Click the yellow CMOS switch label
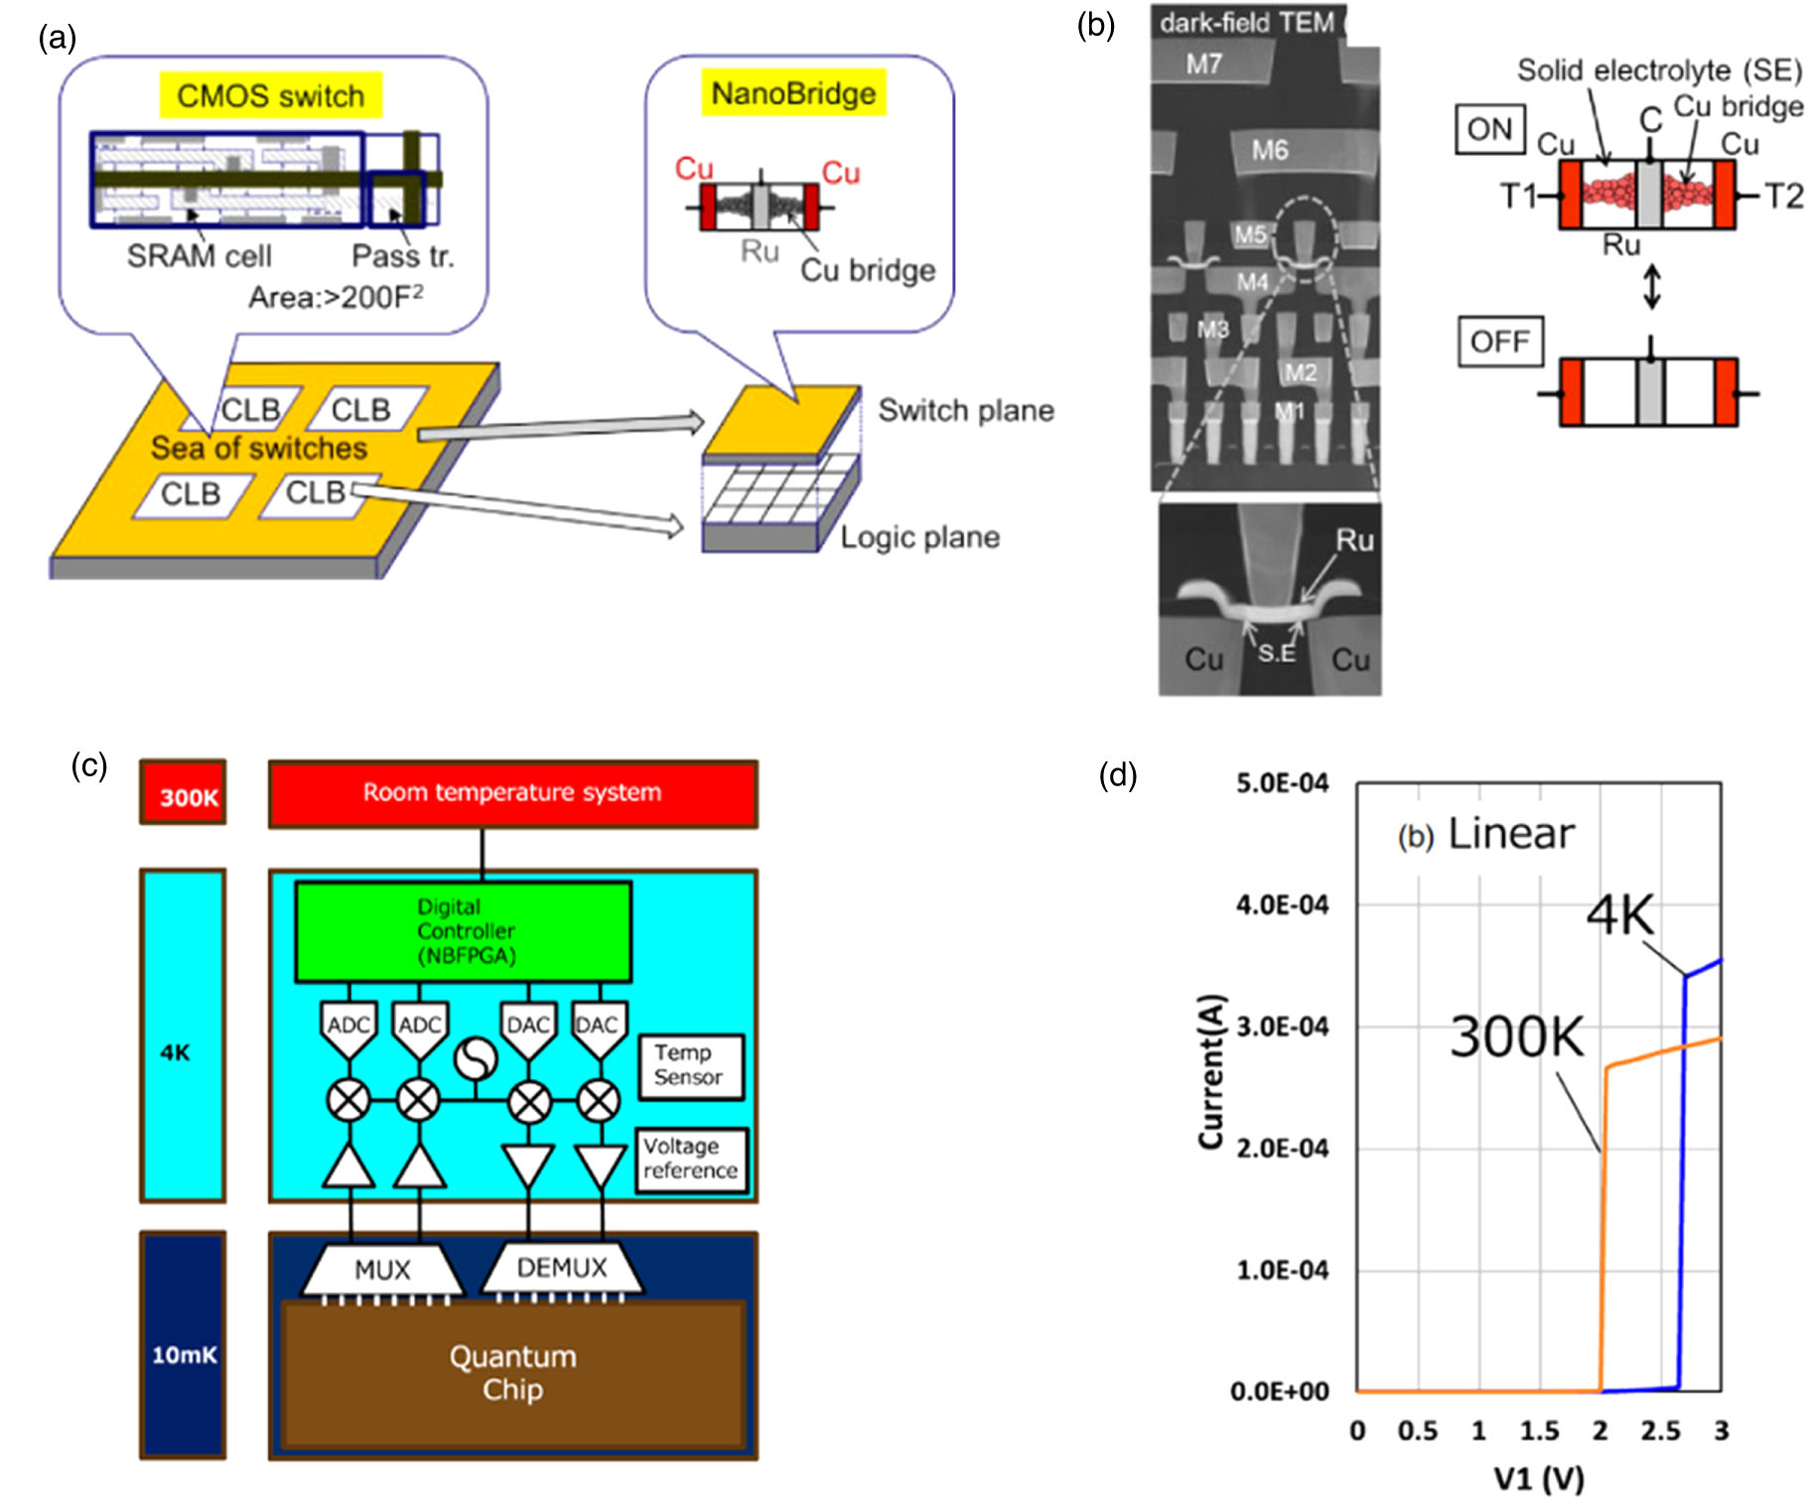(270, 95)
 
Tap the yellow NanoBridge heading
(793, 93)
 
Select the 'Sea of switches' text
(258, 448)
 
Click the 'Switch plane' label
(965, 410)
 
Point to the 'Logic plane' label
(919, 537)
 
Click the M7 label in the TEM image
(1203, 65)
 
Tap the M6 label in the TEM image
(1269, 150)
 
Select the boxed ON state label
(1489, 129)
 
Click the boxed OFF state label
(1499, 341)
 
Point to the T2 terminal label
(1783, 196)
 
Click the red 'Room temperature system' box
(512, 793)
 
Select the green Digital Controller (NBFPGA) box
(464, 931)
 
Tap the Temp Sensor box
(689, 1065)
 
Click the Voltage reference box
(690, 1158)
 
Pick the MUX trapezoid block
(382, 1270)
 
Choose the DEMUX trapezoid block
(562, 1268)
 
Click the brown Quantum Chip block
(512, 1373)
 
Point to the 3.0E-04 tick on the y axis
(1282, 1026)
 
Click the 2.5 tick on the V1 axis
(1660, 1431)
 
